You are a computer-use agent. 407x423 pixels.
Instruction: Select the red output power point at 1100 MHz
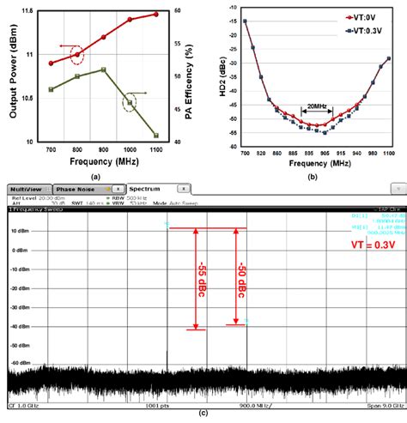155,15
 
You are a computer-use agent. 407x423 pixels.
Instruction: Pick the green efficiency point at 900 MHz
103,69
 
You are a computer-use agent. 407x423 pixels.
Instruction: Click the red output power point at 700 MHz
52,63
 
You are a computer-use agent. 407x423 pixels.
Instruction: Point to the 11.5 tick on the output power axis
28,11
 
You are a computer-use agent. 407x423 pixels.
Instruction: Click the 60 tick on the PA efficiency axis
176,11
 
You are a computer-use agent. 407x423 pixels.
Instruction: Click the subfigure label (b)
313,176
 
